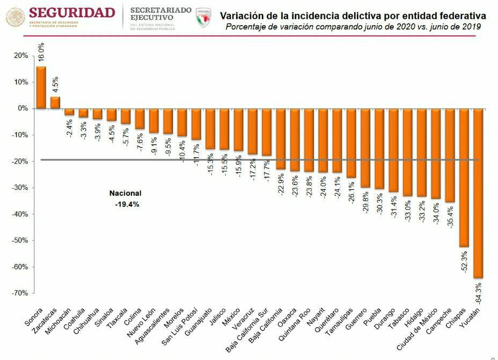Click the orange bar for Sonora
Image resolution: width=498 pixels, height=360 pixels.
tap(41, 87)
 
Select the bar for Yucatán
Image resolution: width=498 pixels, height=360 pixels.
tap(478, 193)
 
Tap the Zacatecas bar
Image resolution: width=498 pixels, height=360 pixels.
tap(55, 102)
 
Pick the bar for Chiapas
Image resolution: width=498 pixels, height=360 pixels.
tap(463, 177)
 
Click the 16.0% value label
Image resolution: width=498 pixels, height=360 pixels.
tap(41, 54)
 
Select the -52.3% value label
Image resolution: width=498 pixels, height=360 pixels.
tap(464, 262)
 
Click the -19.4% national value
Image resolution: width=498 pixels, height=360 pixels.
tap(127, 204)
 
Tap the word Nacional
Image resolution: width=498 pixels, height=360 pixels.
tap(126, 193)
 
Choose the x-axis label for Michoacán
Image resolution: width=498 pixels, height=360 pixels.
tap(58, 321)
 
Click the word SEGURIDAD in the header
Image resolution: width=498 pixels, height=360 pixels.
tap(72, 12)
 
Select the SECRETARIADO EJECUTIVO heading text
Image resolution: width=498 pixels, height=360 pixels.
tap(160, 13)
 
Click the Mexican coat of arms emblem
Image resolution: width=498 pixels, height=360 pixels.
tap(15, 17)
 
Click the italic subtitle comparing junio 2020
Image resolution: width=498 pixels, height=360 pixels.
tap(353, 26)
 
